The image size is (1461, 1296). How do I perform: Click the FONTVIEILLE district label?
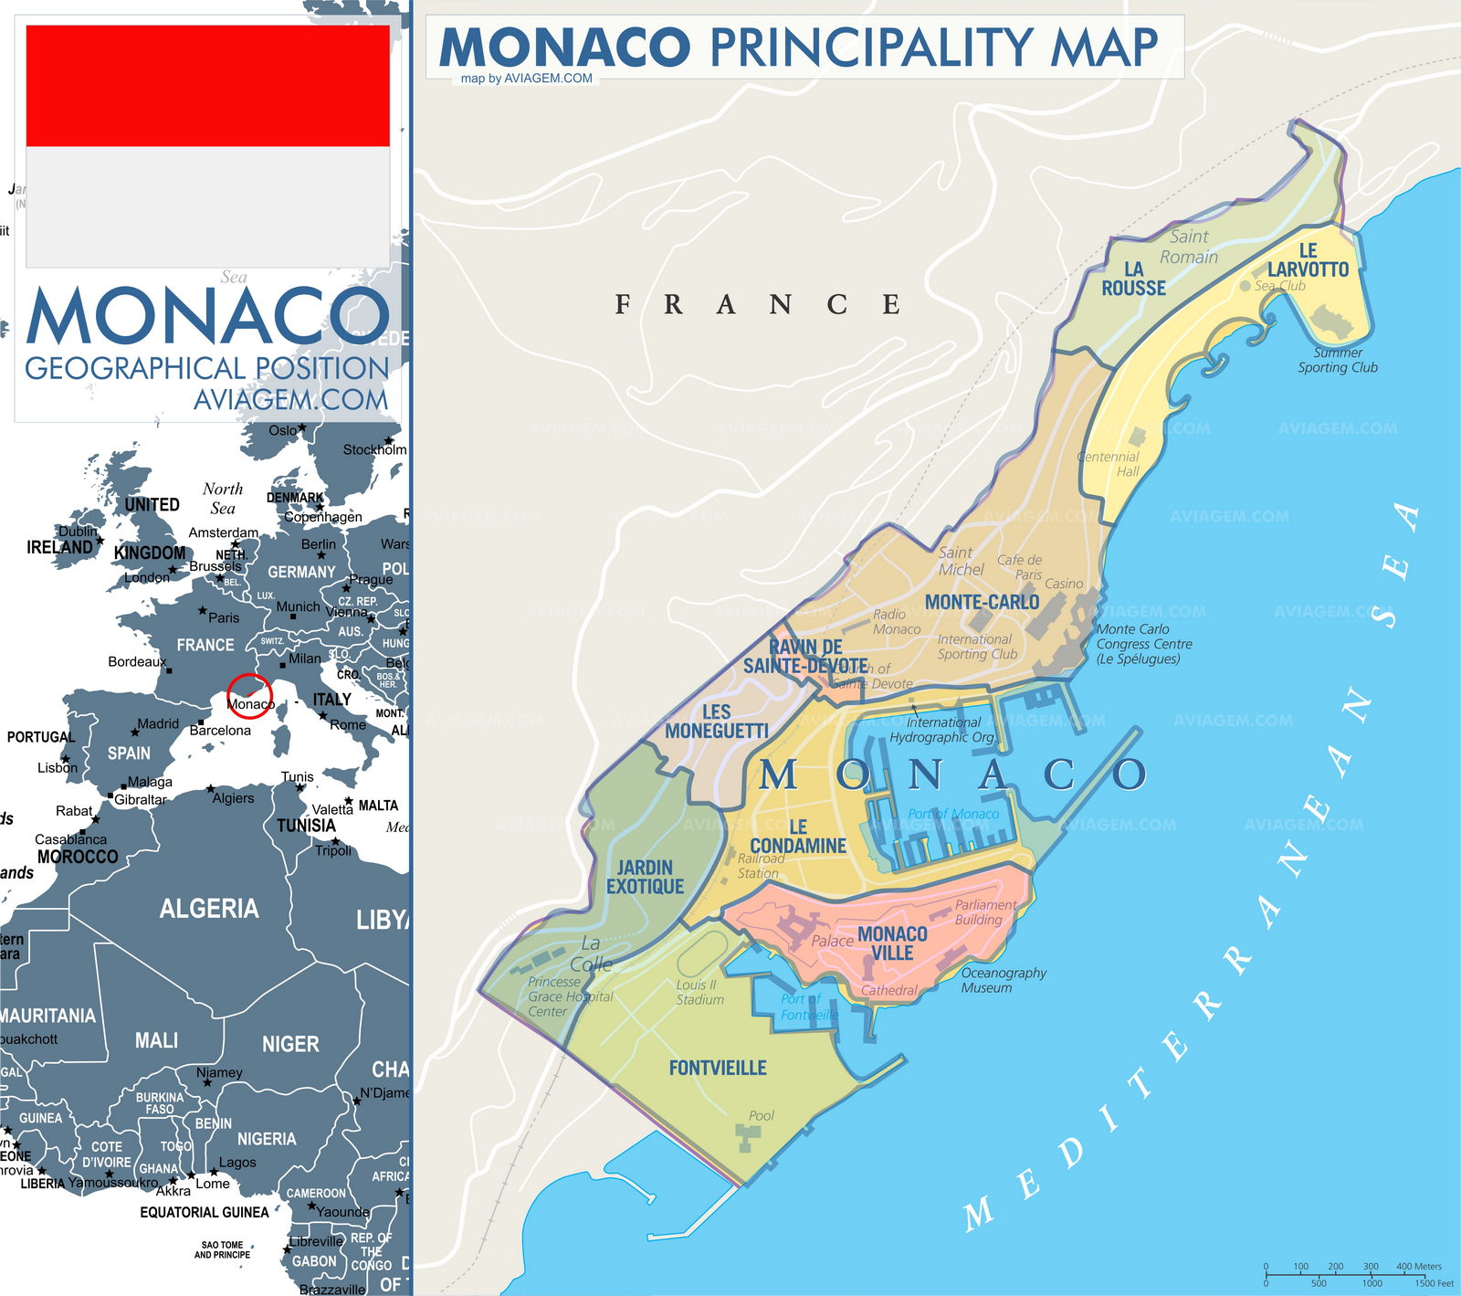click(x=717, y=1068)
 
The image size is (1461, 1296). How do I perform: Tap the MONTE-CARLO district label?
click(x=982, y=602)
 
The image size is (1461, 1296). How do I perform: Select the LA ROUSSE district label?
click(x=1133, y=279)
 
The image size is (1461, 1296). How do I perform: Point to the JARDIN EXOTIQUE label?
click(x=645, y=877)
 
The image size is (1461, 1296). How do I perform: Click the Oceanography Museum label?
click(x=1003, y=980)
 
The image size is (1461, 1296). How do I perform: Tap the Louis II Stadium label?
click(x=699, y=992)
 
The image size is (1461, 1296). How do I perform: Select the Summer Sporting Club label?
click(x=1338, y=360)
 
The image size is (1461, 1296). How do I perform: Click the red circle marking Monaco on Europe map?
click(x=249, y=696)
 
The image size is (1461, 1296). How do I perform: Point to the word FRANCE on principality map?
click(x=758, y=304)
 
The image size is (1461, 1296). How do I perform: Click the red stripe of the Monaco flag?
click(x=208, y=86)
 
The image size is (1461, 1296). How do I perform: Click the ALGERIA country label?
click(x=209, y=909)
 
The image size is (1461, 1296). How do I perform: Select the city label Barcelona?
click(x=220, y=731)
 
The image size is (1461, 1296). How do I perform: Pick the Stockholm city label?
click(x=374, y=449)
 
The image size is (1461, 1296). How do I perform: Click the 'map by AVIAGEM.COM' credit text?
click(x=527, y=79)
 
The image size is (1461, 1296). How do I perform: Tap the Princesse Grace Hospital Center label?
click(x=570, y=996)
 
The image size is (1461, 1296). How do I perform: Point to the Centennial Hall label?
click(x=1109, y=464)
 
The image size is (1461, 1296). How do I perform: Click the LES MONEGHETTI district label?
click(x=716, y=722)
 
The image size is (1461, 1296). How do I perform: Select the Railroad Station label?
click(x=760, y=866)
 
